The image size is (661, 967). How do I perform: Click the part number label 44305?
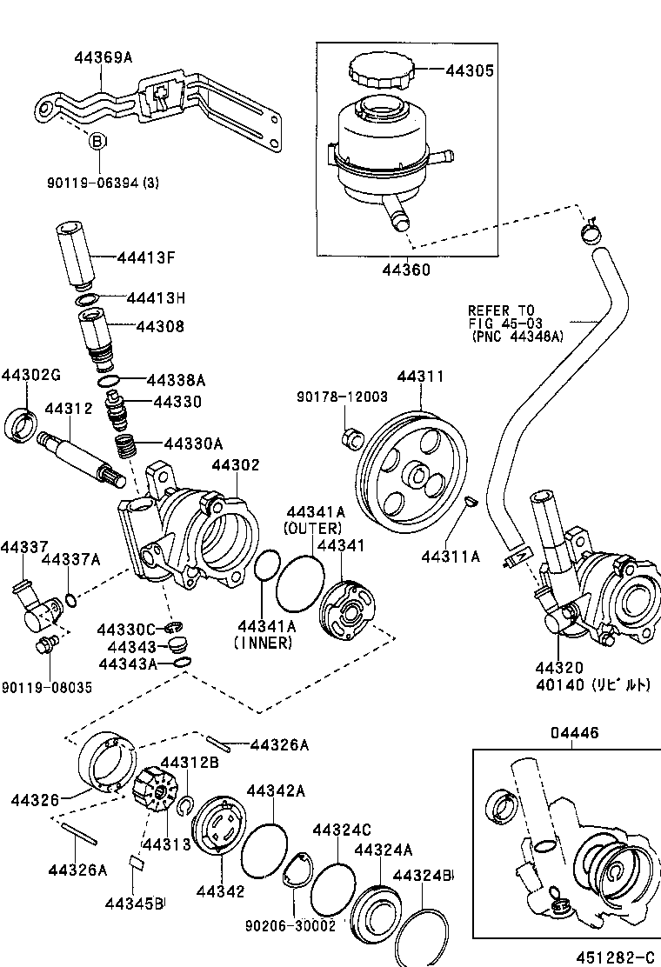[470, 71]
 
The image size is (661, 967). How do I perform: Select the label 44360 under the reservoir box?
[405, 270]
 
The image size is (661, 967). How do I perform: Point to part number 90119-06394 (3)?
[103, 183]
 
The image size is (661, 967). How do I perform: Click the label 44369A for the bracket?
[103, 57]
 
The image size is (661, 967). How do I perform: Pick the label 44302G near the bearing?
[30, 375]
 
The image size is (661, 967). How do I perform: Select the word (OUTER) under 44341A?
[312, 528]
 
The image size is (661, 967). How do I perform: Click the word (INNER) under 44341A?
[263, 643]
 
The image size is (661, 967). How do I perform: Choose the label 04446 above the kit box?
[574, 733]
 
